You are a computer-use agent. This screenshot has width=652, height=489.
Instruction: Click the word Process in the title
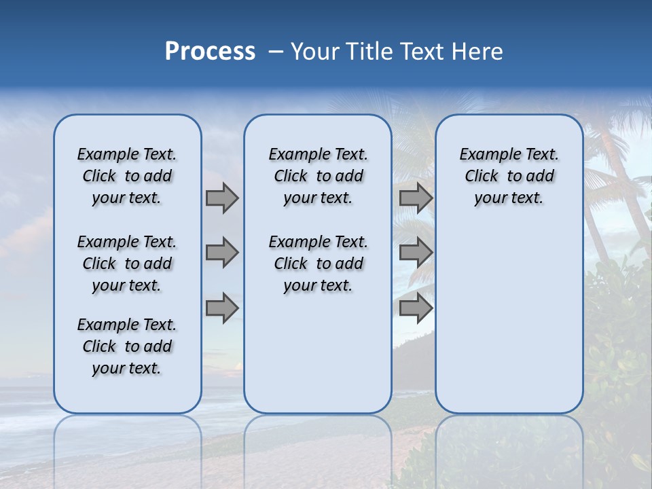pos(210,52)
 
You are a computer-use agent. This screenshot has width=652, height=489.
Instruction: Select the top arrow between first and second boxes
pos(222,198)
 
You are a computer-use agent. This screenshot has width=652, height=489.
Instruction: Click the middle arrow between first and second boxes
pos(222,253)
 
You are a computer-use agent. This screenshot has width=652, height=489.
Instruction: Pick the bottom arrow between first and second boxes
pos(222,308)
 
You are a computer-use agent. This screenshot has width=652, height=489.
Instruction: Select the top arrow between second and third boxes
pos(416,198)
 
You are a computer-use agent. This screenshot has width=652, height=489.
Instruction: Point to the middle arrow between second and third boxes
pos(416,253)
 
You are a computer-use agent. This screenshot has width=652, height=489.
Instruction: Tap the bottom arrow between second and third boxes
pos(416,308)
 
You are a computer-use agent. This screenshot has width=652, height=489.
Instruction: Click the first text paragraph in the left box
pos(127,176)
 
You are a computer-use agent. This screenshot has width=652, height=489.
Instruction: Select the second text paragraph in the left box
pos(127,264)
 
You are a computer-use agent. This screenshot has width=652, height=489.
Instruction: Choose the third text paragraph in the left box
pos(127,346)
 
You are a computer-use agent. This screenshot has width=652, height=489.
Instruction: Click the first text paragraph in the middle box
pos(318,176)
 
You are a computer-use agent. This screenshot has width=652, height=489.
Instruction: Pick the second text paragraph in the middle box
pos(318,264)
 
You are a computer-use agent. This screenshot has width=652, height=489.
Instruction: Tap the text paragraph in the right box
pos(509,176)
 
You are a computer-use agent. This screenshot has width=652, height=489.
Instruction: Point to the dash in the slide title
pos(275,52)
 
